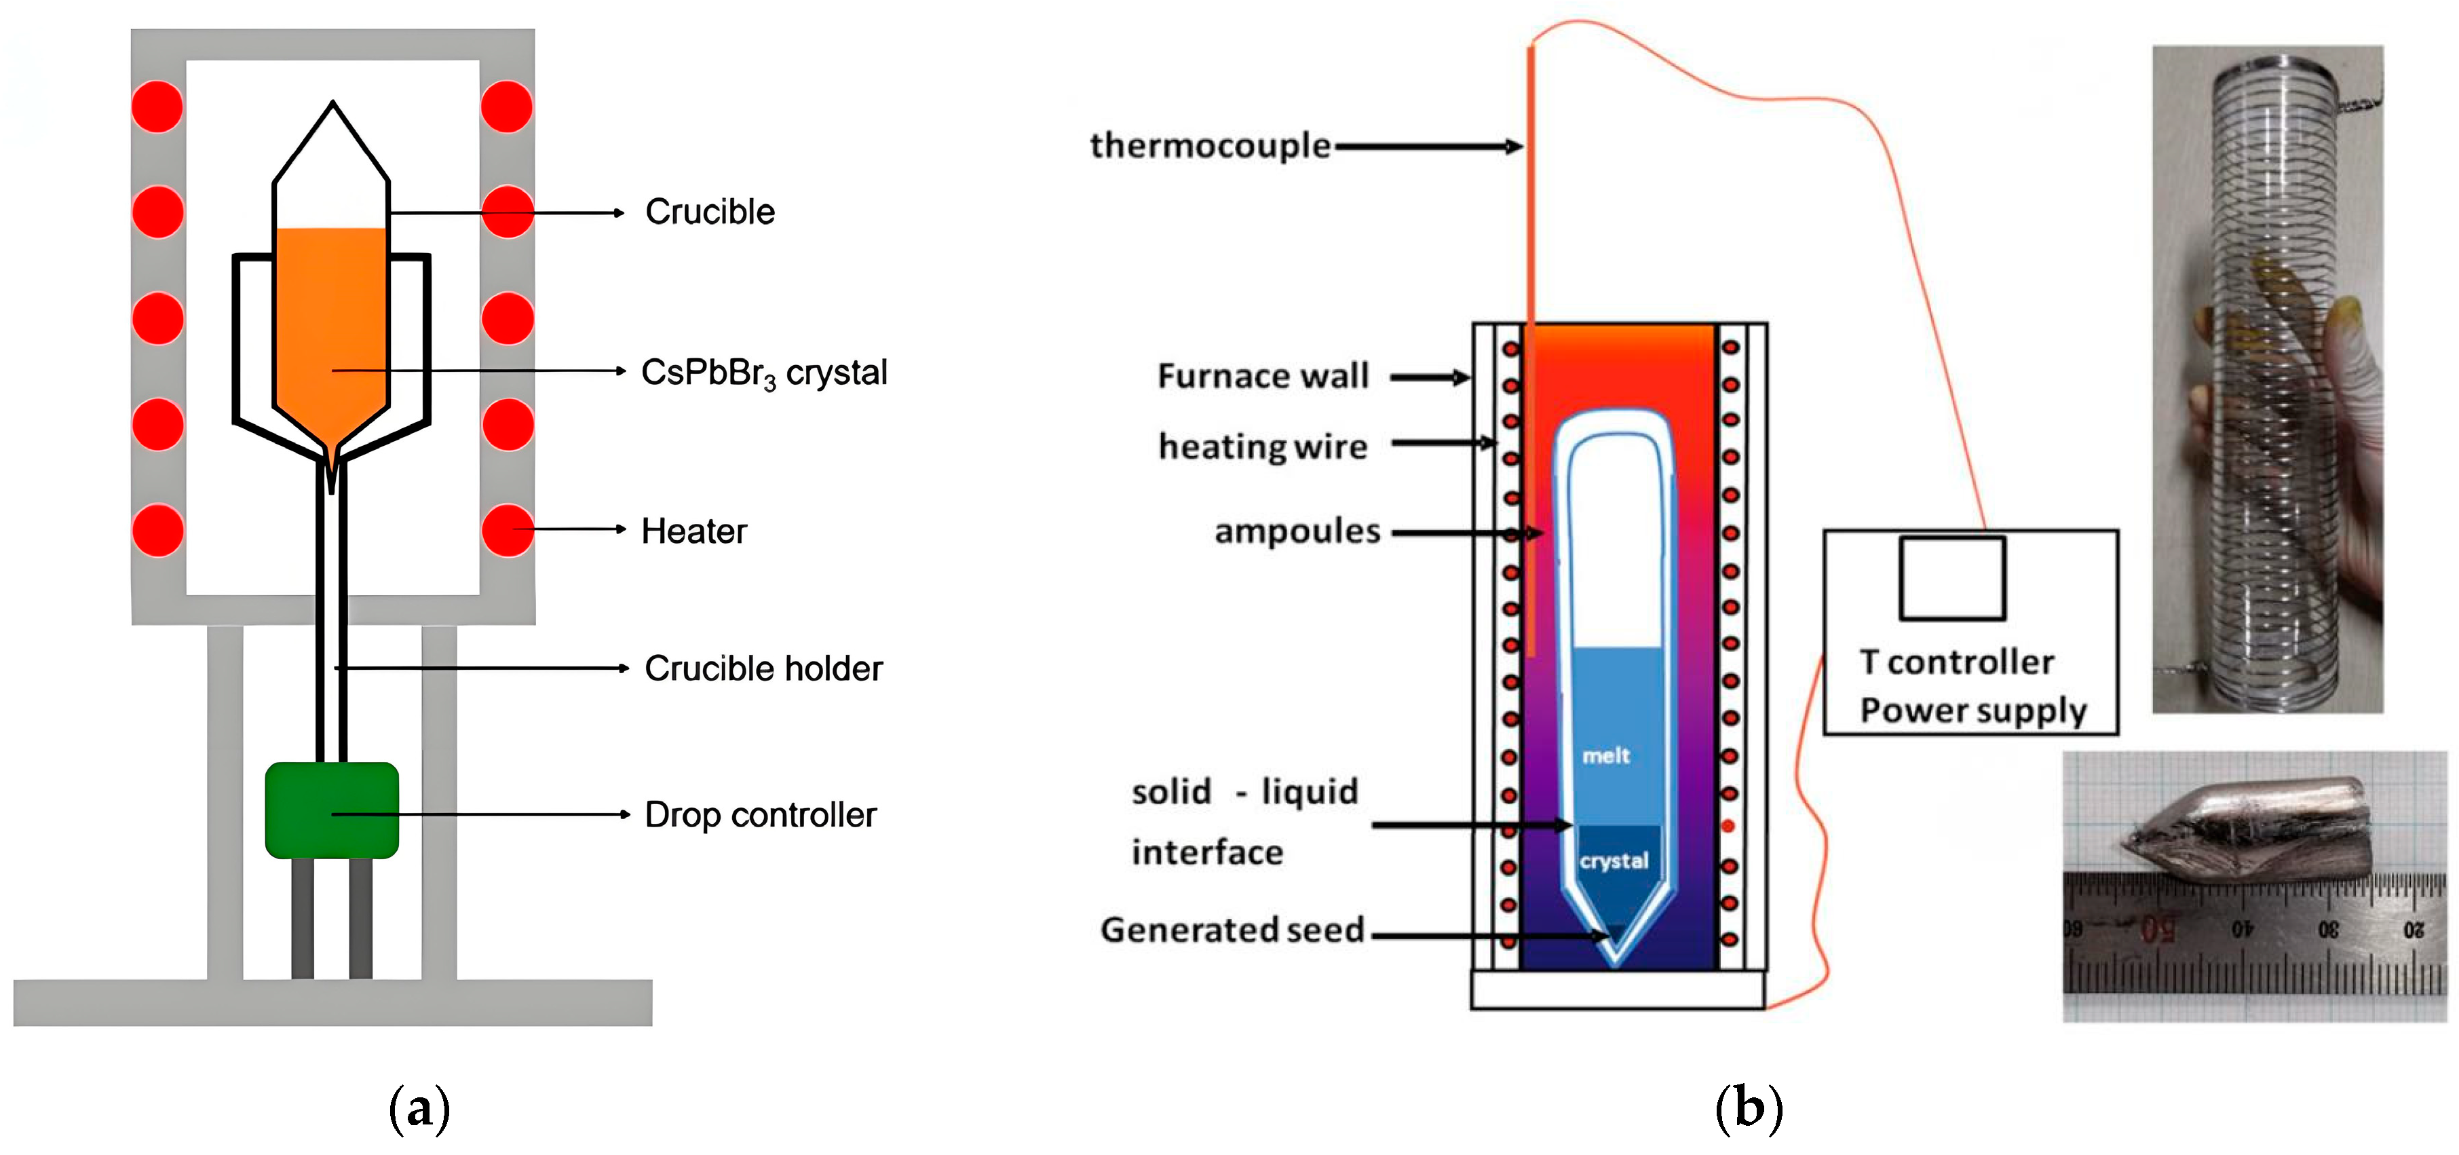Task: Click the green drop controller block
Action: pos(331,810)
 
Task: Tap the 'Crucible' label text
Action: pos(709,212)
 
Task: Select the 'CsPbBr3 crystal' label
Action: pos(763,373)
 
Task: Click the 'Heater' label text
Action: pos(694,531)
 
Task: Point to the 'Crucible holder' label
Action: pos(763,668)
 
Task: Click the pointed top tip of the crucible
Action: pos(332,103)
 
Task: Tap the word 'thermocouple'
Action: pos(1209,146)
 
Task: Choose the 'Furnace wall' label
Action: pos(1263,376)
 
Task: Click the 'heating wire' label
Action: pos(1262,447)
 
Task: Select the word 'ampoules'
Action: pos(1297,531)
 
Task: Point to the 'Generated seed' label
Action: pos(1232,930)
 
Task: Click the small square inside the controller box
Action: pos(1952,578)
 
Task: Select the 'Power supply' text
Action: pos(1973,711)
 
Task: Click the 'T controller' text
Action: pos(1957,662)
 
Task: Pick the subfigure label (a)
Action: pos(419,1109)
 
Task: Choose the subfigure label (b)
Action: pos(1749,1109)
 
